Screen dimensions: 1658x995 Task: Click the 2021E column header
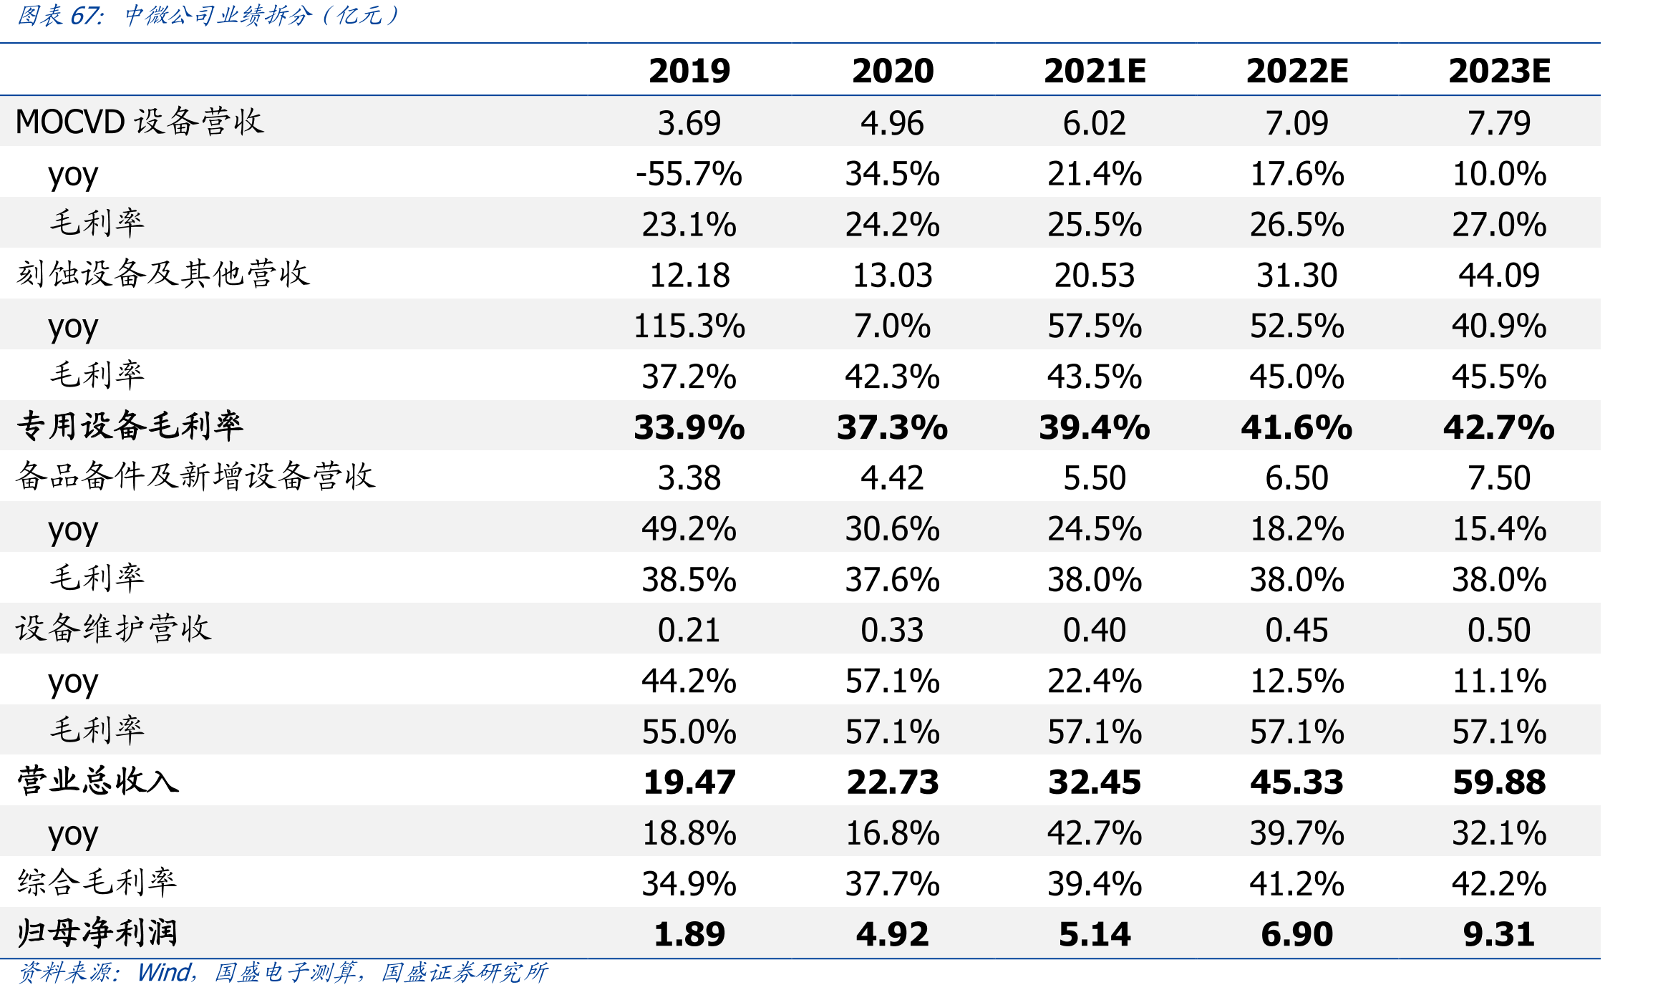[x=1095, y=71]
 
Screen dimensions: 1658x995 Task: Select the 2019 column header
[x=689, y=71]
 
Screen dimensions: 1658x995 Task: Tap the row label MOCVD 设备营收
[x=140, y=122]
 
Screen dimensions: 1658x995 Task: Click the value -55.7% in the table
[x=689, y=174]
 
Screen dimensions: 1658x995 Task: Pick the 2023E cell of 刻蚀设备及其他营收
[x=1499, y=276]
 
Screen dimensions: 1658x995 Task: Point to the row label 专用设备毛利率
[x=130, y=426]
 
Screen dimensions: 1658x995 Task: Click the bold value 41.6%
[x=1296, y=427]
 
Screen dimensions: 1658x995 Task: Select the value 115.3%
[x=689, y=326]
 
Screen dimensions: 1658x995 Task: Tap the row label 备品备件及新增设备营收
[x=195, y=476]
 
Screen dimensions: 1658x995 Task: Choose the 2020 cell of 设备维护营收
[x=892, y=631]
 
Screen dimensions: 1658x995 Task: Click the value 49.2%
[x=689, y=529]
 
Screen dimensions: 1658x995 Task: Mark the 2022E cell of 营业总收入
[x=1296, y=782]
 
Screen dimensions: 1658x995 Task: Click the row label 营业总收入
[x=98, y=780]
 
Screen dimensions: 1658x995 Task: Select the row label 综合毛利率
[x=97, y=882]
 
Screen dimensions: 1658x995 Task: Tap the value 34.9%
[x=689, y=884]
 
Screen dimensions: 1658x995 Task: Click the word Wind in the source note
[x=164, y=973]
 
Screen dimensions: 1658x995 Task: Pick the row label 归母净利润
[x=97, y=933]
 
